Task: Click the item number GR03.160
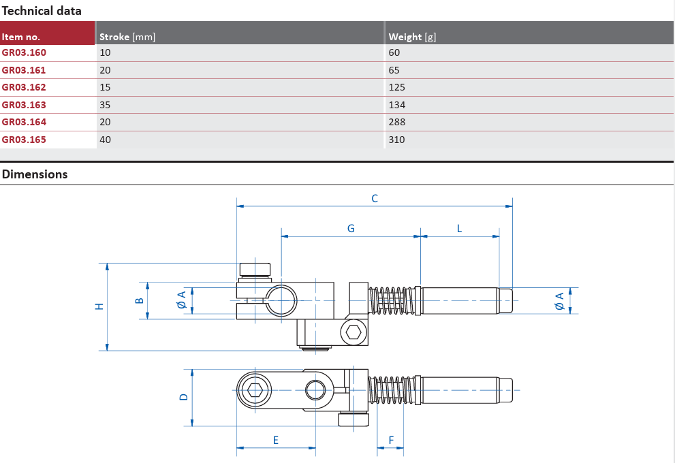[x=24, y=52]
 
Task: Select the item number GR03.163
[x=24, y=105]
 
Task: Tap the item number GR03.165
[x=24, y=140]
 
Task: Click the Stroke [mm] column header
[x=127, y=37]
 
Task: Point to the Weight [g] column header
[x=412, y=37]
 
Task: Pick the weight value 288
[x=396, y=122]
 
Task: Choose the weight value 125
[x=396, y=87]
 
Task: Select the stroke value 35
[x=105, y=105]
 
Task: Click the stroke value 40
[x=105, y=140]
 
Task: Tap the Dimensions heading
[x=35, y=174]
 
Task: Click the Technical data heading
[x=42, y=11]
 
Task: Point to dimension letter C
[x=375, y=199]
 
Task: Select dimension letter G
[x=351, y=229]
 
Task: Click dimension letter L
[x=459, y=229]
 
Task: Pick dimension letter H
[x=99, y=306]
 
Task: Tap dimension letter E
[x=276, y=441]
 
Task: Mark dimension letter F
[x=391, y=441]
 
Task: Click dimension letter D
[x=183, y=397]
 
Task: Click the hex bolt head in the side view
[x=354, y=332]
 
